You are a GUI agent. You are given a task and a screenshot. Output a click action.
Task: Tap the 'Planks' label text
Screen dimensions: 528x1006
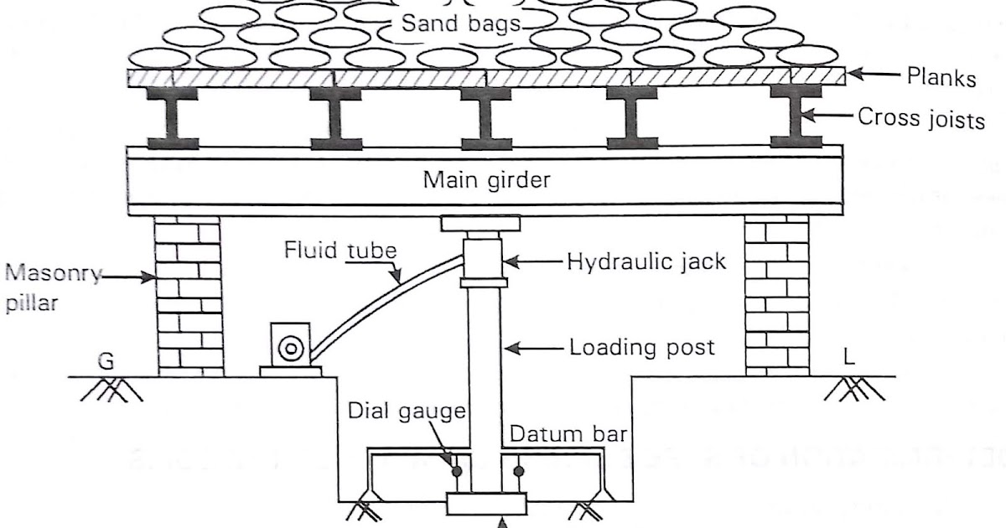pos(941,78)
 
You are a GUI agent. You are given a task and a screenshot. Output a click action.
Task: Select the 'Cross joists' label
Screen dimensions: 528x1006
pos(920,120)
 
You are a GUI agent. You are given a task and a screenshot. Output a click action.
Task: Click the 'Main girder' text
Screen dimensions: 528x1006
pos(486,179)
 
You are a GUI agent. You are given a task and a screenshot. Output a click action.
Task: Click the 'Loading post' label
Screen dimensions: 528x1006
pos(642,346)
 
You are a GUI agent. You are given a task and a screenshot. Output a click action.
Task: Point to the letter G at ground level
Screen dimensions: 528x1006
pos(104,362)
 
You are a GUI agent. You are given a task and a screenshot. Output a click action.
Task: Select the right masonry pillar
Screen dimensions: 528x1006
pos(777,294)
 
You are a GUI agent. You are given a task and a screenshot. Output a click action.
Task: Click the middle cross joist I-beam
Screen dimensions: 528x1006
pos(486,117)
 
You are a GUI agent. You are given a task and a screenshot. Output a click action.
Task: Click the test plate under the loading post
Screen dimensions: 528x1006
pos(486,505)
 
